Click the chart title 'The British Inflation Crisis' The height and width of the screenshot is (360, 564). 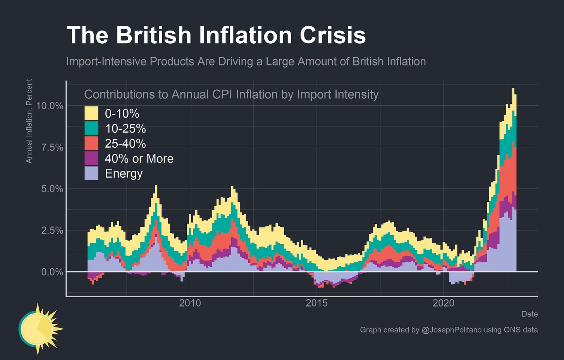216,36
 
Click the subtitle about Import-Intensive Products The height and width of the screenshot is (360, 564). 246,62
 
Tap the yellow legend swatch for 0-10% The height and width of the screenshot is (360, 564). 91,113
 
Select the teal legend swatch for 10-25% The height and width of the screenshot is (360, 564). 91,129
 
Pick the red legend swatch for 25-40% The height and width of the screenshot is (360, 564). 91,144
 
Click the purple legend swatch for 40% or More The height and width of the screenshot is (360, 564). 91,158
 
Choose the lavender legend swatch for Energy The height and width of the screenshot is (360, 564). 91,173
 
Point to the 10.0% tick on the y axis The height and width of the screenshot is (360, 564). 50,106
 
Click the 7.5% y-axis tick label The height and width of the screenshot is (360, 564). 52,147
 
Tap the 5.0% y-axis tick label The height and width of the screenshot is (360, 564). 52,189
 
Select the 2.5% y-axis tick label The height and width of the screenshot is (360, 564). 52,230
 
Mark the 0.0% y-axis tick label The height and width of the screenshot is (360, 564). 52,272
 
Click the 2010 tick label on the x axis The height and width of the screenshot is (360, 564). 190,303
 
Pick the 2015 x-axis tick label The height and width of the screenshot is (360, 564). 316,303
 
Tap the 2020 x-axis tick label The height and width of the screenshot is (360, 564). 443,303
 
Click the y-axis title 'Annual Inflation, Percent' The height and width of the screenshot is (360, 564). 29,121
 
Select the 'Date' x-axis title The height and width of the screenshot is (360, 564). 529,314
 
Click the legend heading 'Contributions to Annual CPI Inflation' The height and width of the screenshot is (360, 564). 231,94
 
